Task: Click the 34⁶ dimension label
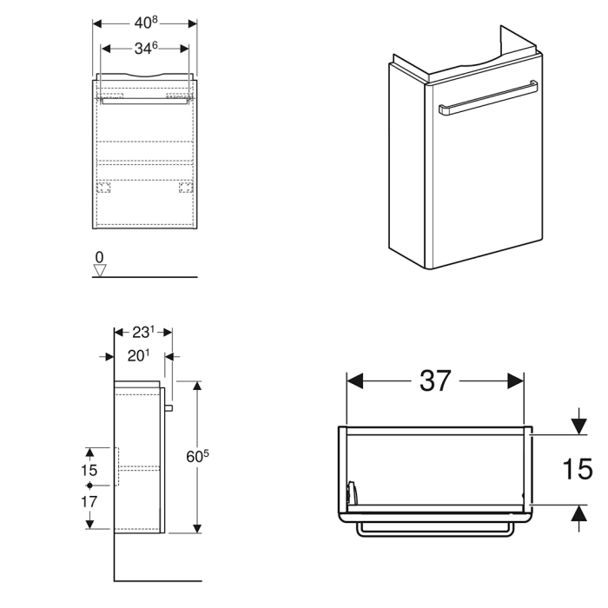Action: point(145,49)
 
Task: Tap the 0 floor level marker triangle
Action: point(99,269)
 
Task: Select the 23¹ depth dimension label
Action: point(143,332)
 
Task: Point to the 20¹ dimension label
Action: point(140,355)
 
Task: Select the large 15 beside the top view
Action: point(577,470)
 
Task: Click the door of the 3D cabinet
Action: point(482,174)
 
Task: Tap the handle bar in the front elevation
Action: point(145,101)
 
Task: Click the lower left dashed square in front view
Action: point(104,187)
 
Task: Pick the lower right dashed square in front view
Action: point(185,187)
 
